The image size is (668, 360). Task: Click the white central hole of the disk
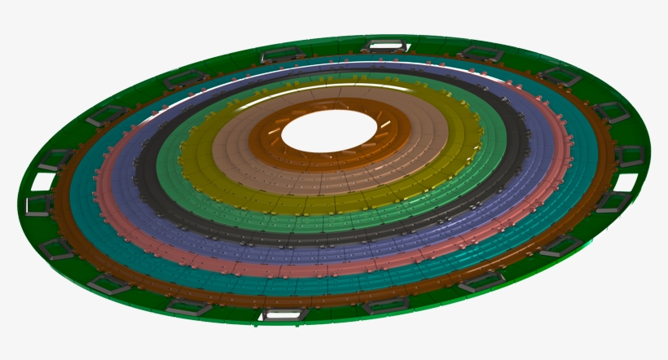(x=329, y=130)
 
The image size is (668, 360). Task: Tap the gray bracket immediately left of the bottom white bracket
(x=187, y=306)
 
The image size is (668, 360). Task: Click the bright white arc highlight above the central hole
(x=342, y=83)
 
